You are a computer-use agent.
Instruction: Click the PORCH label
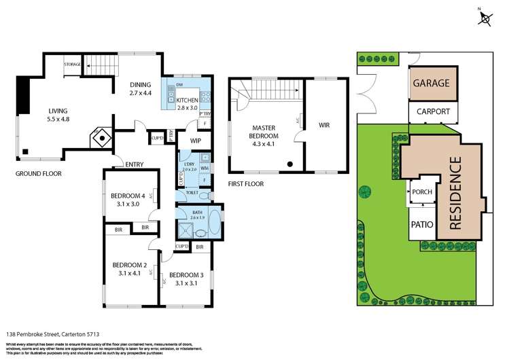422,192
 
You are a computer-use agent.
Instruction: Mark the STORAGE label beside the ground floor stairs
73,65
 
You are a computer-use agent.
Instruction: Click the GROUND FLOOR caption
38,174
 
